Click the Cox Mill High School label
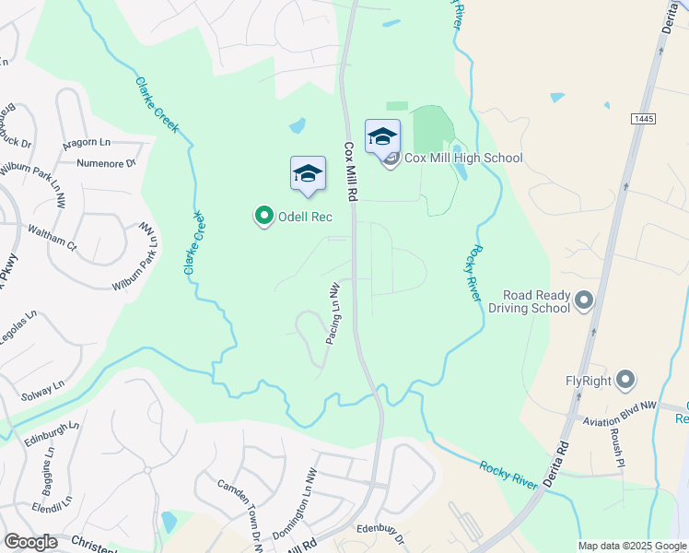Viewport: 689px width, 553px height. click(463, 159)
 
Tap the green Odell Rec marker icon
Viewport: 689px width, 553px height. click(263, 217)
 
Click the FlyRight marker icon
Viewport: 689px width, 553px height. click(625, 379)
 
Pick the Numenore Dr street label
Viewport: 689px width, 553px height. click(106, 164)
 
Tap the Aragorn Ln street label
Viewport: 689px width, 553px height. click(87, 144)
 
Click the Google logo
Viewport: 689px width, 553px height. click(30, 542)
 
